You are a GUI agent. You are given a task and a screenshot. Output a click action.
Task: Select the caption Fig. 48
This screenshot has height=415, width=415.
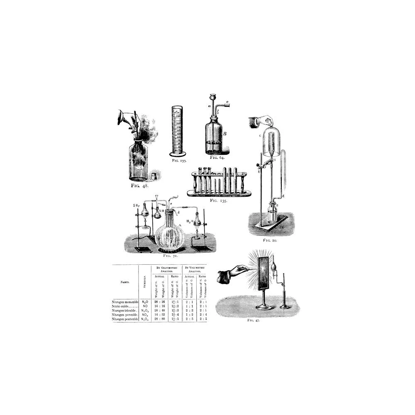pyautogui.click(x=140, y=186)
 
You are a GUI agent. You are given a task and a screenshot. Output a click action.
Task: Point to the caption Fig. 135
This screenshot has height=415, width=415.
pyautogui.click(x=219, y=200)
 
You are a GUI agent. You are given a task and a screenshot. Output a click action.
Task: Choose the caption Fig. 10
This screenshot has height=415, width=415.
pyautogui.click(x=270, y=240)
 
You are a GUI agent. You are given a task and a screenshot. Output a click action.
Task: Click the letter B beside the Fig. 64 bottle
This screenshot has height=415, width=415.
pyautogui.click(x=224, y=134)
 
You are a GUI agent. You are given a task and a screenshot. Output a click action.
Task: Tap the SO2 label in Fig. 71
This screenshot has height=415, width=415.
pyautogui.click(x=136, y=205)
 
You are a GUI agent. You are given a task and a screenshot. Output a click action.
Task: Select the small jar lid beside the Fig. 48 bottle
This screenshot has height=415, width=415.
pyautogui.click(x=154, y=176)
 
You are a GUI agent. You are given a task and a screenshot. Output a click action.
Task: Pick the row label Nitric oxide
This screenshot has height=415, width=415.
pyautogui.click(x=125, y=306)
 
